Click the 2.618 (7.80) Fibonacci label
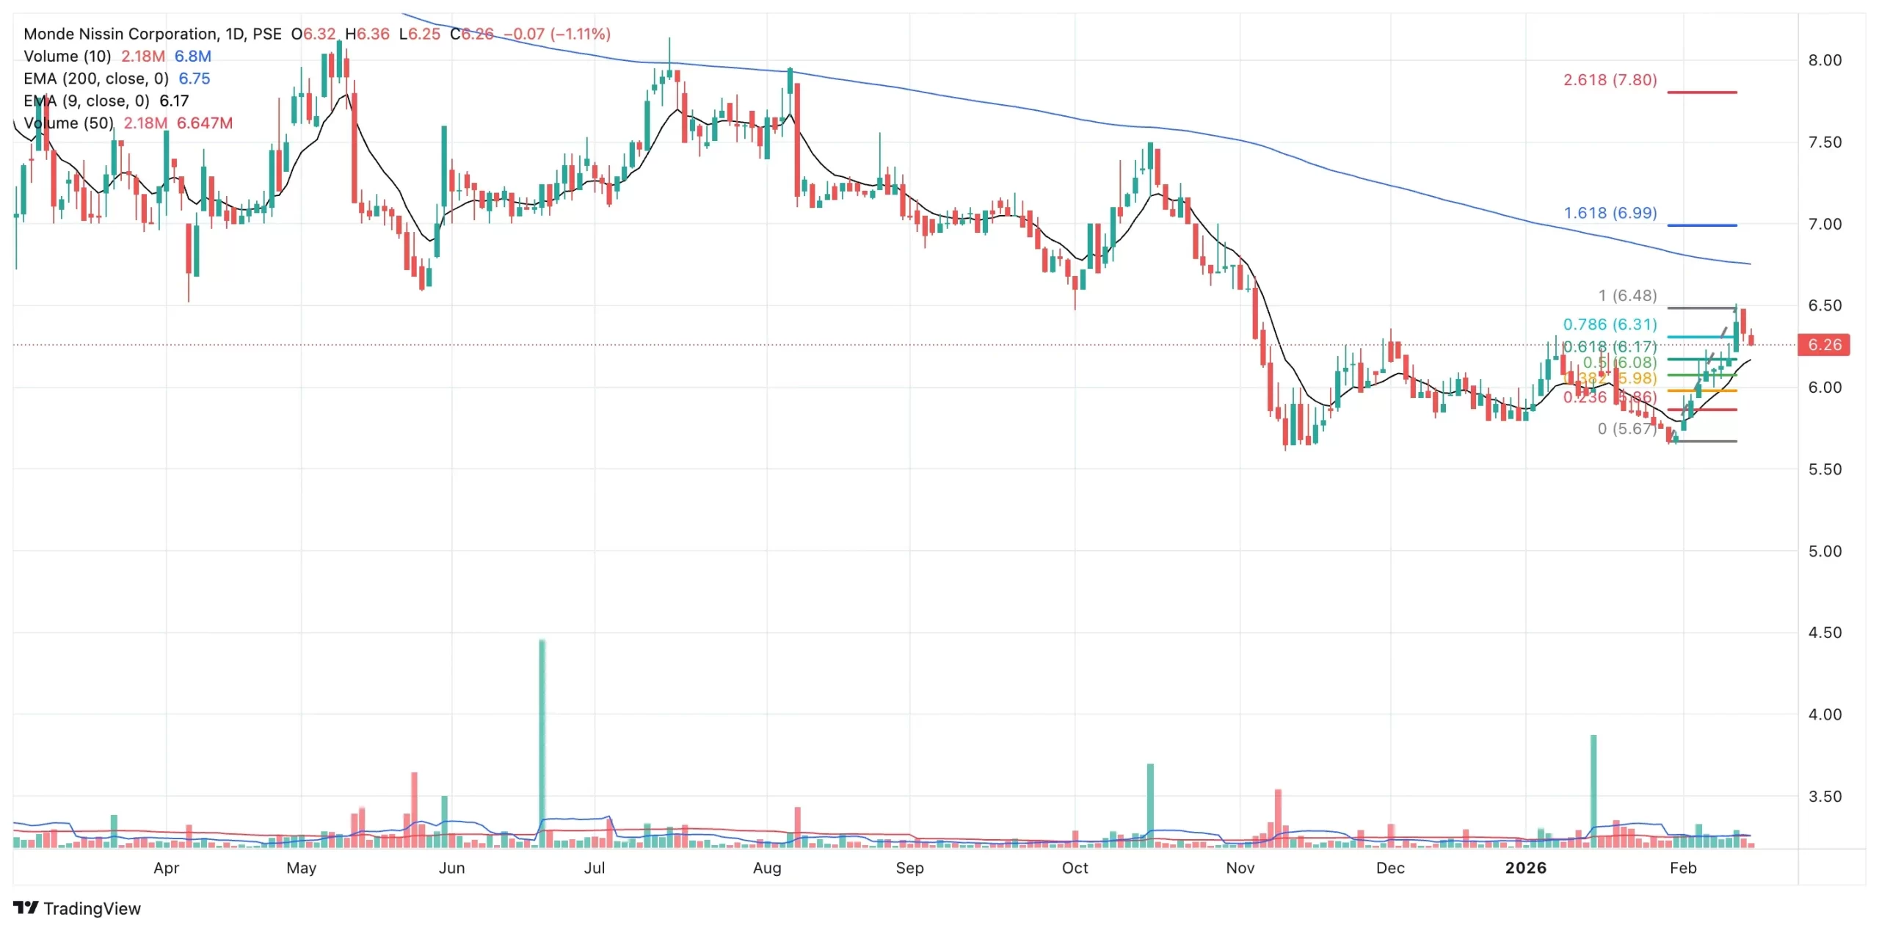pos(1610,80)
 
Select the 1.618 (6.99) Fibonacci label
pos(1610,213)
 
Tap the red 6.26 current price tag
pos(1824,345)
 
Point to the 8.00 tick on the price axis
pos(1825,60)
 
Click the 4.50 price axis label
pos(1825,633)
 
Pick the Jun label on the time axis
pos(451,868)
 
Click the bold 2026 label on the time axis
pos(1525,868)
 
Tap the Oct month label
pos(1075,868)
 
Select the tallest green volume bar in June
pos(542,742)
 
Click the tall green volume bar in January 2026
pos(1593,789)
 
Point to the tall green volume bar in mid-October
pos(1150,804)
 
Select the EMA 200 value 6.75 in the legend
pos(195,79)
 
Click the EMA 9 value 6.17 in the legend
pos(174,101)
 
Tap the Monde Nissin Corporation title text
pos(120,34)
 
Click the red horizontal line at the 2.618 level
pos(1701,93)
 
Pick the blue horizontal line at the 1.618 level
pos(1701,225)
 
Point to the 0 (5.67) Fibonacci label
pos(1627,429)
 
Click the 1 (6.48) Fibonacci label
pos(1627,296)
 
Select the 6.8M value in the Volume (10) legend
pos(192,57)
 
